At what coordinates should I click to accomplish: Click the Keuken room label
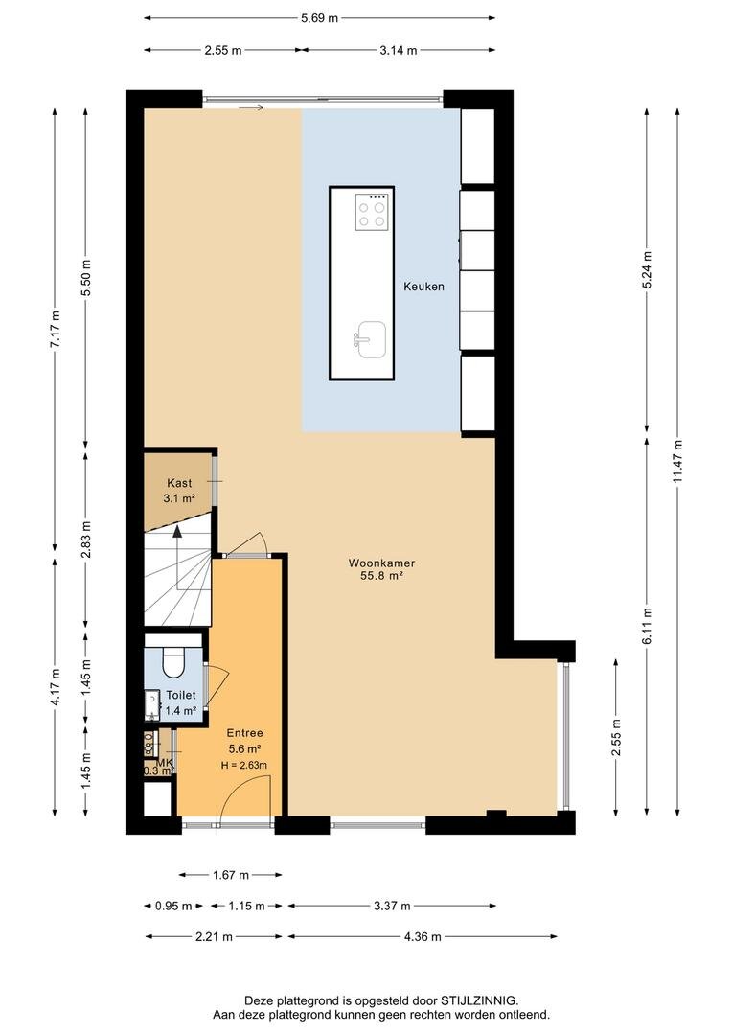pyautogui.click(x=423, y=287)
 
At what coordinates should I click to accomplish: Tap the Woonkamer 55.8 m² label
pyautogui.click(x=381, y=569)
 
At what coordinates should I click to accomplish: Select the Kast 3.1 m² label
pyautogui.click(x=179, y=491)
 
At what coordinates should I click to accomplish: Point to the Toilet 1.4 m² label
pyautogui.click(x=180, y=702)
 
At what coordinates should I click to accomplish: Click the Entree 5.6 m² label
pyautogui.click(x=244, y=741)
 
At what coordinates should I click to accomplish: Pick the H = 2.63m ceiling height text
pyautogui.click(x=244, y=765)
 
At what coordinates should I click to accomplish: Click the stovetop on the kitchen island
pyautogui.click(x=370, y=212)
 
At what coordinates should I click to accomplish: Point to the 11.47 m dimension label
pyautogui.click(x=677, y=461)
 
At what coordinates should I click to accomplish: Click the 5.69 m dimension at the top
pyautogui.click(x=319, y=18)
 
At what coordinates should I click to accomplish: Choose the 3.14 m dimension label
pyautogui.click(x=398, y=50)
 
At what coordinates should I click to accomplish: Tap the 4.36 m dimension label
pyautogui.click(x=422, y=936)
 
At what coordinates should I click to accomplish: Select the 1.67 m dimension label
pyautogui.click(x=230, y=875)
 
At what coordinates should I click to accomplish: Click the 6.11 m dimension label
pyautogui.click(x=647, y=625)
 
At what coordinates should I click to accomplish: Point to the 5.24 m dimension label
pyautogui.click(x=647, y=269)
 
